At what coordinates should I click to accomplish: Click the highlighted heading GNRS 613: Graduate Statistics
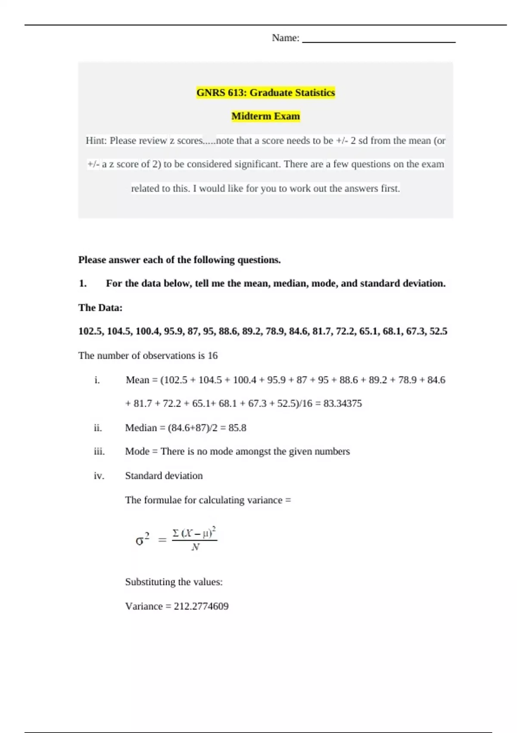click(x=265, y=93)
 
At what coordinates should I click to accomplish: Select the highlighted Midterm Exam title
click(x=265, y=116)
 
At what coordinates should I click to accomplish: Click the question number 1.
click(x=83, y=284)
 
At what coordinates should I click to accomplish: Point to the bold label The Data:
click(x=100, y=308)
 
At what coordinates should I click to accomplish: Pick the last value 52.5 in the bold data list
click(x=438, y=332)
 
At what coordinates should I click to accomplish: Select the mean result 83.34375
click(x=343, y=404)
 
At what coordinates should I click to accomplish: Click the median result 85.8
click(x=237, y=428)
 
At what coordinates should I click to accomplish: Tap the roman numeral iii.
click(x=99, y=451)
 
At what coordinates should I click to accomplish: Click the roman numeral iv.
click(x=99, y=476)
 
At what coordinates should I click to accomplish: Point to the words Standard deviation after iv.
click(x=164, y=476)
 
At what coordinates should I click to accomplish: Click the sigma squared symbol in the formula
click(x=143, y=539)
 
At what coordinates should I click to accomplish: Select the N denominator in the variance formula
click(x=195, y=547)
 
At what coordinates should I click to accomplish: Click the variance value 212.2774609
click(x=201, y=607)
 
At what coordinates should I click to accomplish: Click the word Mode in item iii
click(x=137, y=451)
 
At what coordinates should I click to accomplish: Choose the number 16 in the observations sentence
click(x=212, y=356)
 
